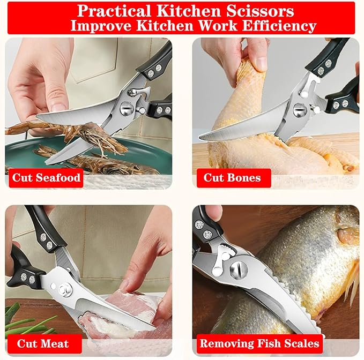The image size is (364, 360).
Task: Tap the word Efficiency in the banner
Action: [x=279, y=26]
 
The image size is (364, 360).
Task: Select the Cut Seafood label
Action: [x=46, y=178]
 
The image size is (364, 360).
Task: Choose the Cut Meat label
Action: [x=43, y=343]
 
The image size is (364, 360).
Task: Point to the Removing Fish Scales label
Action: [x=259, y=343]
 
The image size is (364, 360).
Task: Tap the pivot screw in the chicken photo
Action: [x=300, y=110]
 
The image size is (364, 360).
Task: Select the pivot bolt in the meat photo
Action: [x=63, y=289]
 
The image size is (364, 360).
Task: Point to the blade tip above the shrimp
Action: [x=37, y=116]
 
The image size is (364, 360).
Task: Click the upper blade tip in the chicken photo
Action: [x=200, y=138]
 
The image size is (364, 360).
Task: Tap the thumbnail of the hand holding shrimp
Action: [x=57, y=107]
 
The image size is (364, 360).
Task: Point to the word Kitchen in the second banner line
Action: [x=165, y=26]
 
